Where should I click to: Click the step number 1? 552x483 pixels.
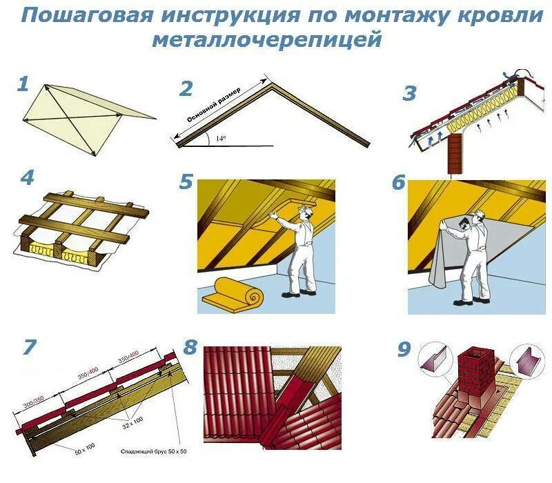pyautogui.click(x=23, y=85)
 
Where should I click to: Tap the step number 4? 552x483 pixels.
pyautogui.click(x=27, y=178)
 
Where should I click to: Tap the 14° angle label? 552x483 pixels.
pyautogui.click(x=220, y=139)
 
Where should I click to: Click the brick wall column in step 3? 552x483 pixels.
pyautogui.click(x=457, y=152)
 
